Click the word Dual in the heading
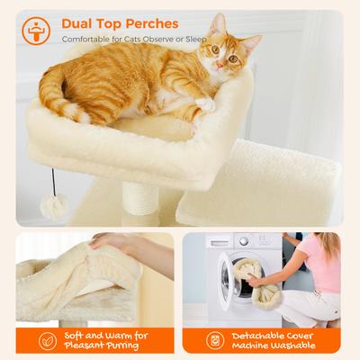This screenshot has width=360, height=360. point(80,21)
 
